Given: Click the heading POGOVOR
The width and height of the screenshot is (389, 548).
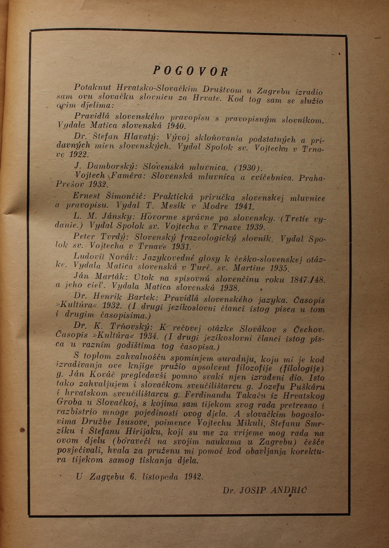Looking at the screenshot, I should tap(190, 71).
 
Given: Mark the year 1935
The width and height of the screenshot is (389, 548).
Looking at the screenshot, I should tap(279, 268).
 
